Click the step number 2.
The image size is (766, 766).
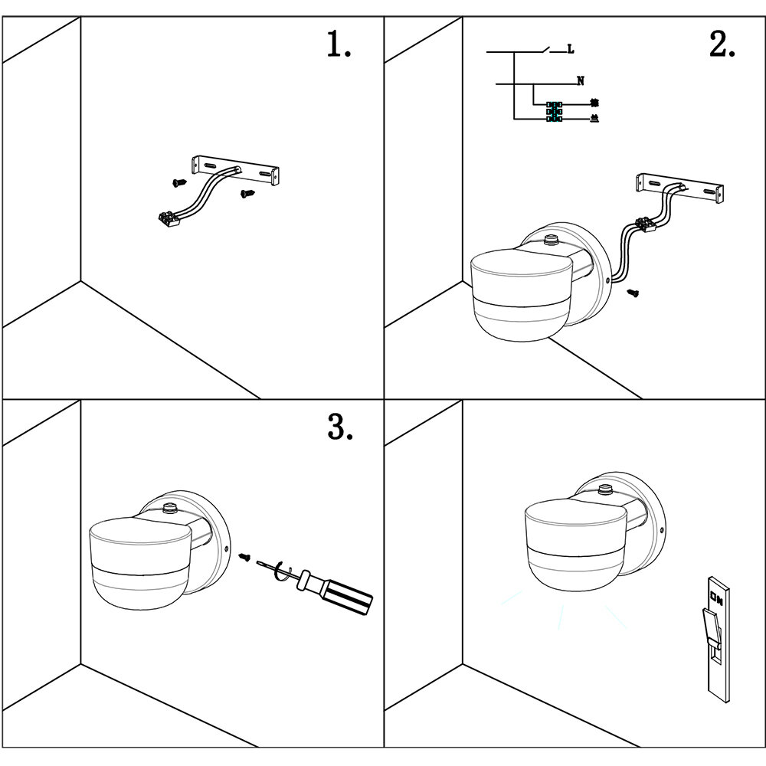point(722,45)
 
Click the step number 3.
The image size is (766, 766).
point(339,427)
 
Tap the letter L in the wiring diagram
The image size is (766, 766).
point(571,50)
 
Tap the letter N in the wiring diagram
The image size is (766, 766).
point(580,80)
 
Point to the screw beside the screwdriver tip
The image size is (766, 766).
point(245,557)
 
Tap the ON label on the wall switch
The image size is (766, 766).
point(716,596)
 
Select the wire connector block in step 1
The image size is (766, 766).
point(169,219)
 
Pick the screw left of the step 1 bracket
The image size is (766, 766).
point(179,183)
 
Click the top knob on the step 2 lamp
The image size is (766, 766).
point(548,241)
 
